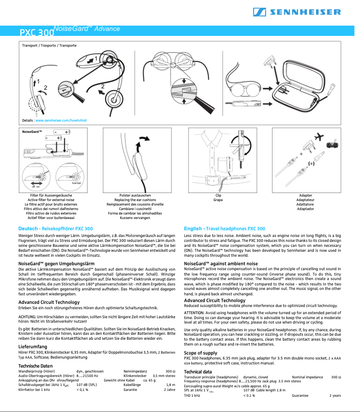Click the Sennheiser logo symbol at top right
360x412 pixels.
pos(259,12)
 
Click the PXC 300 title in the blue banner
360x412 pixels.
pos(37,33)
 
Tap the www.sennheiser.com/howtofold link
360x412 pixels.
pos(61,121)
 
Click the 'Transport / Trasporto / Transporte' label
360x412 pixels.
pos(49,45)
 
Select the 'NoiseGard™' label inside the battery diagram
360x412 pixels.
pos(32,132)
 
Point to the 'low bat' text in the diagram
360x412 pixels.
pos(76,183)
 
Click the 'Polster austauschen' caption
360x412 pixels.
pos(138,196)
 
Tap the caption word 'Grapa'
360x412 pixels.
pos(218,200)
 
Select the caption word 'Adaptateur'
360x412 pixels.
pos(305,200)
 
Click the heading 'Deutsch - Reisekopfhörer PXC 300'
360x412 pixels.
pos(55,228)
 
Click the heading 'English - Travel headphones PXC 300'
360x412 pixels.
pos(224,228)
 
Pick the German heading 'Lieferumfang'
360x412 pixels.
pos(33,347)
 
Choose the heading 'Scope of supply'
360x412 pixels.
pos(201,353)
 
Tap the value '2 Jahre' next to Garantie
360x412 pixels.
pos(169,390)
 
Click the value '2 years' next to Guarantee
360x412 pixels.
pos(335,395)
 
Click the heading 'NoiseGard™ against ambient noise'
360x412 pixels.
pos(221,263)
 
